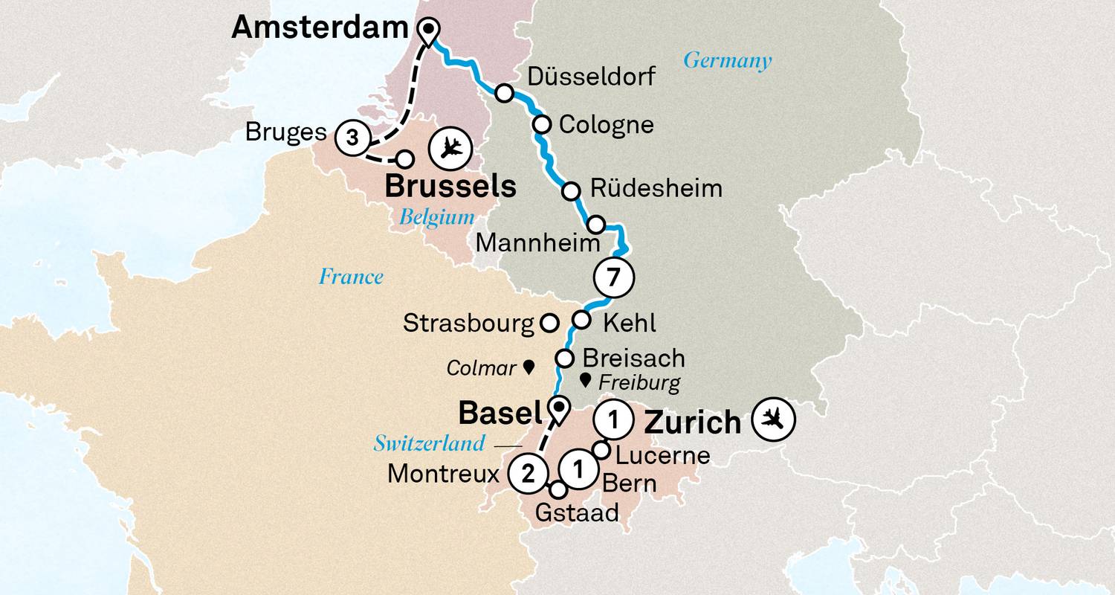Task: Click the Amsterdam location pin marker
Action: click(x=429, y=30)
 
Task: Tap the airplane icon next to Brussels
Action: click(x=450, y=148)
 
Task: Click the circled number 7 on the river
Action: click(x=613, y=277)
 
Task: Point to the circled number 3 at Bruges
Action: click(x=353, y=138)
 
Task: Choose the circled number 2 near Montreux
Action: click(x=529, y=473)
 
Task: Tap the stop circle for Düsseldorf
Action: click(x=505, y=93)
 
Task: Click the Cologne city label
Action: click(x=606, y=124)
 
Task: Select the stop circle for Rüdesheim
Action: click(x=571, y=191)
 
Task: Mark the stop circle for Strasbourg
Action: click(x=549, y=323)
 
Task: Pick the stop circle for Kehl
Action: click(x=581, y=321)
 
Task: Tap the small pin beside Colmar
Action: click(x=529, y=367)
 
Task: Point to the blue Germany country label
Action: click(x=727, y=60)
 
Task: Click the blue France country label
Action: click(x=351, y=277)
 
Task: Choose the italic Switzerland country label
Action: click(x=429, y=444)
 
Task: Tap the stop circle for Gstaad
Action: click(x=557, y=489)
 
